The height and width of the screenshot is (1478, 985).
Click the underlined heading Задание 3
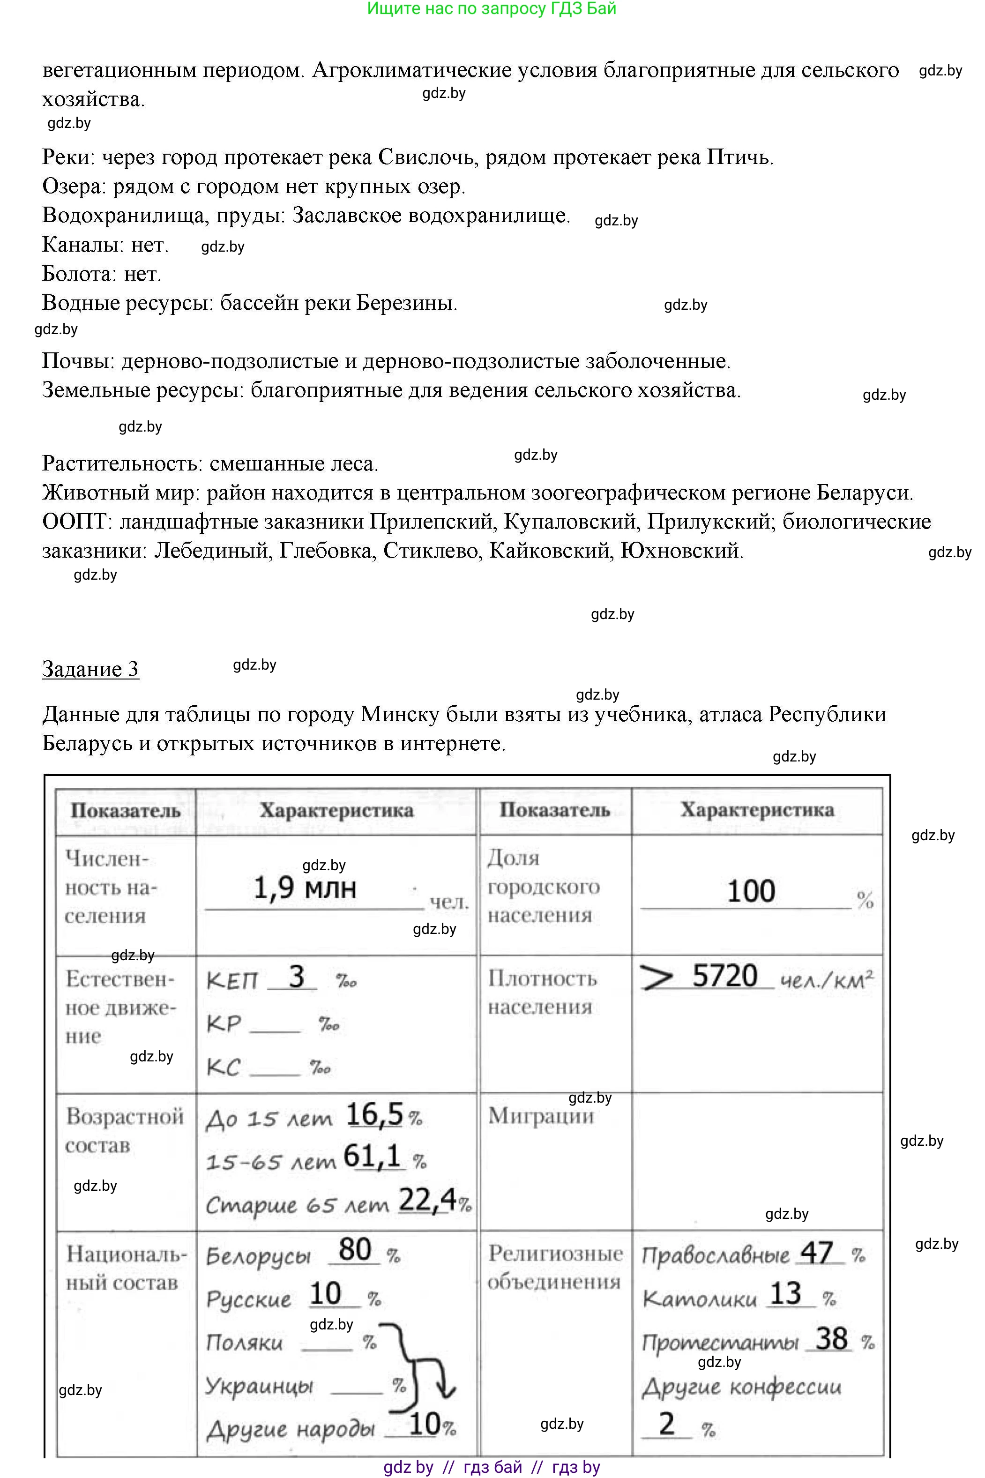90,669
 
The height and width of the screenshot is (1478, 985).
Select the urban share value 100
751,891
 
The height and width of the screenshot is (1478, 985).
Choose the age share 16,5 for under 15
374,1114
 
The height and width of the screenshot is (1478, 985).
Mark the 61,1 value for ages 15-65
373,1157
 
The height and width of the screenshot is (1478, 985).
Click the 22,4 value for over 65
427,1201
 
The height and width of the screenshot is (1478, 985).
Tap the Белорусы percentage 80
355,1249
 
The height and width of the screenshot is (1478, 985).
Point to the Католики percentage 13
786,1293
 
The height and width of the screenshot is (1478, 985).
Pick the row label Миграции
541,1116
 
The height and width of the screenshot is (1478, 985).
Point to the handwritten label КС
224,1067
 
